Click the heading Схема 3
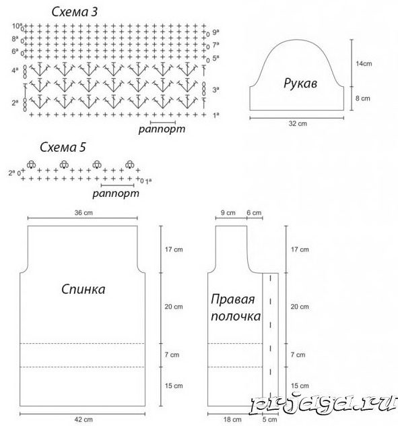[74, 12]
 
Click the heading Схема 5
[63, 147]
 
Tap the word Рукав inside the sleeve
[300, 83]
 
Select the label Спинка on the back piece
[84, 289]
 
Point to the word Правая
[232, 300]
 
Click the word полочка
[236, 316]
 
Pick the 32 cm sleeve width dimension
[298, 123]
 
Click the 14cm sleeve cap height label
[364, 63]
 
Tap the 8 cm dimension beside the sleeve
[363, 98]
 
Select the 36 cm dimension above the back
[84, 212]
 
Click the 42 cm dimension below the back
[84, 419]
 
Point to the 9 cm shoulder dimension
[228, 212]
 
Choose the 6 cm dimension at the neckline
[254, 212]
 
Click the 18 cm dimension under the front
[232, 419]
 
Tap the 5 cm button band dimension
[269, 419]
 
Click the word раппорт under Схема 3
[162, 129]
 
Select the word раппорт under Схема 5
[116, 193]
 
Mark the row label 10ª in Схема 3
[17, 26]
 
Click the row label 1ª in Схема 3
[215, 115]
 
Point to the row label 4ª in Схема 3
[15, 71]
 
